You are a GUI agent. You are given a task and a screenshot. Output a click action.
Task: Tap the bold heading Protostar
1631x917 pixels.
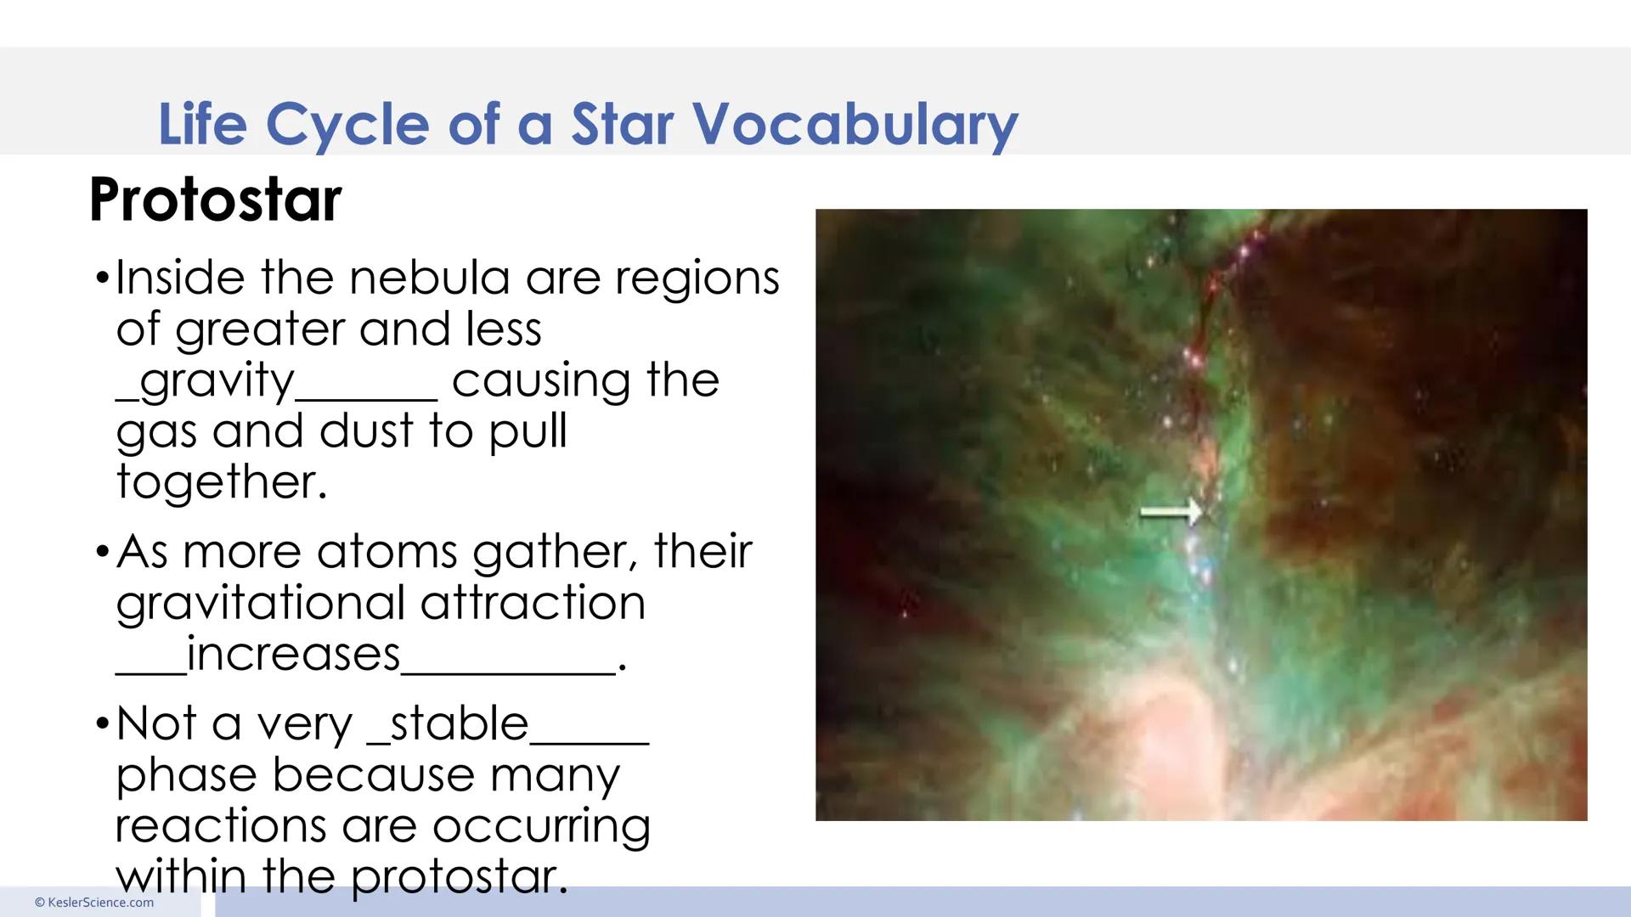(215, 200)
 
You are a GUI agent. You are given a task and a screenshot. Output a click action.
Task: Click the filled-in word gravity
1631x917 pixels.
(217, 380)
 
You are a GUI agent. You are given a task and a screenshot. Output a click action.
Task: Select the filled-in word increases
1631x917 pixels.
(293, 655)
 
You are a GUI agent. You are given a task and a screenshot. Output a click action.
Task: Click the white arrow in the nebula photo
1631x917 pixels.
(1171, 512)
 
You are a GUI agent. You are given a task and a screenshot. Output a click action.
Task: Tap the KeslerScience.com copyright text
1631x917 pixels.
(94, 903)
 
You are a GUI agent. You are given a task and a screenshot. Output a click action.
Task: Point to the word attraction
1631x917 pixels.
(533, 604)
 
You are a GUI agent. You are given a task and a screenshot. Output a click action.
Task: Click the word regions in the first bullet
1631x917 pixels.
(697, 279)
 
